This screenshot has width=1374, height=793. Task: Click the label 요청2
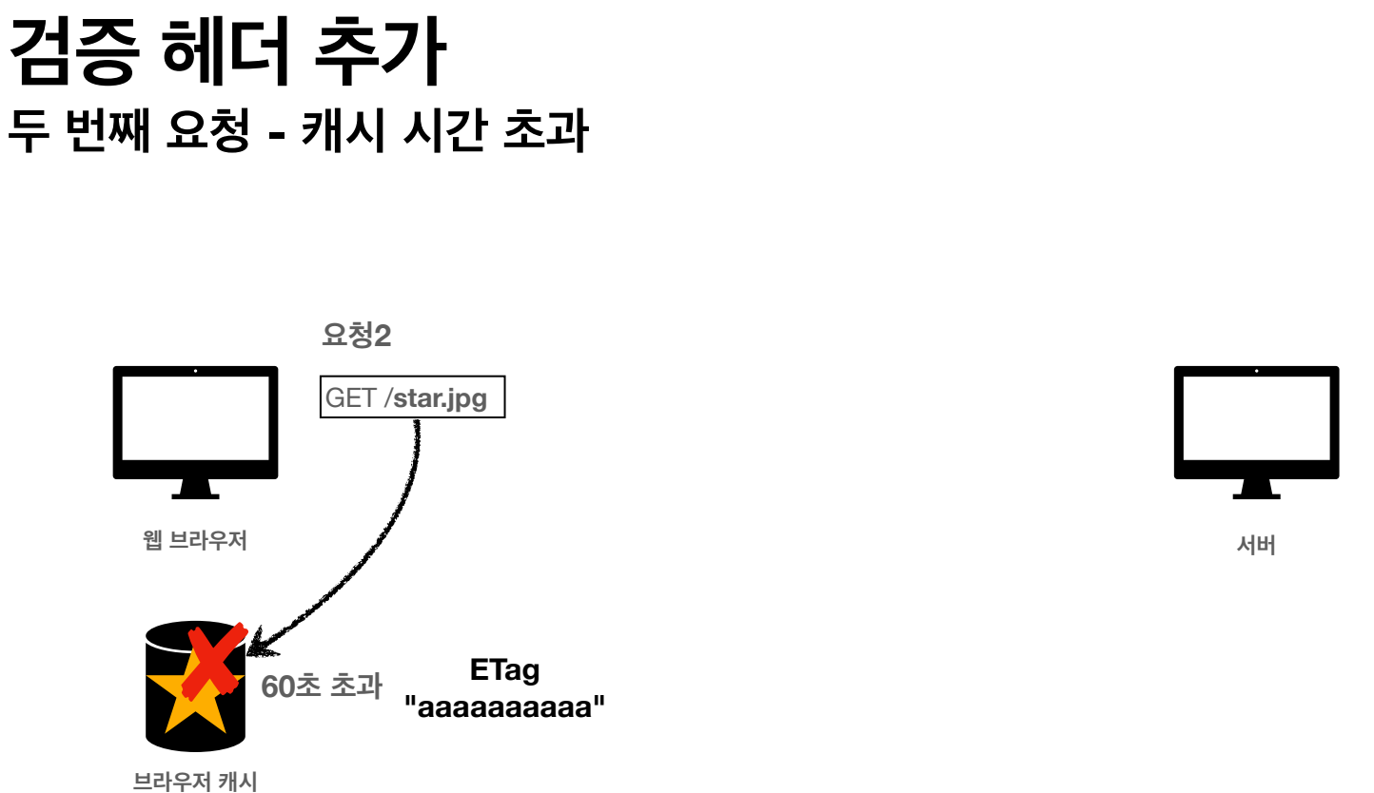coord(357,336)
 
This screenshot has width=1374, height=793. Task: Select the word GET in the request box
coord(351,397)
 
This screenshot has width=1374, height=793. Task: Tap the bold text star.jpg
coord(440,397)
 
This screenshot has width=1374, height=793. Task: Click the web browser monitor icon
coord(195,422)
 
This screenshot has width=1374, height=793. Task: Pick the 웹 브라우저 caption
coord(194,541)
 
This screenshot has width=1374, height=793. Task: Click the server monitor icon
coord(1256,422)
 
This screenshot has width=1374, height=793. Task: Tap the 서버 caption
coord(1256,546)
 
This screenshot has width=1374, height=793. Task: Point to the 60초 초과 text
coord(322,686)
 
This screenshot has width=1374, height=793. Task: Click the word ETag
coord(504,670)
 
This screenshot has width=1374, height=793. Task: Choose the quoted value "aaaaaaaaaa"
coord(504,708)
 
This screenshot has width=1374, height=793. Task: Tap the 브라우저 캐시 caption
coord(195,782)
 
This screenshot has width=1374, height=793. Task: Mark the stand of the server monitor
coord(1256,490)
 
